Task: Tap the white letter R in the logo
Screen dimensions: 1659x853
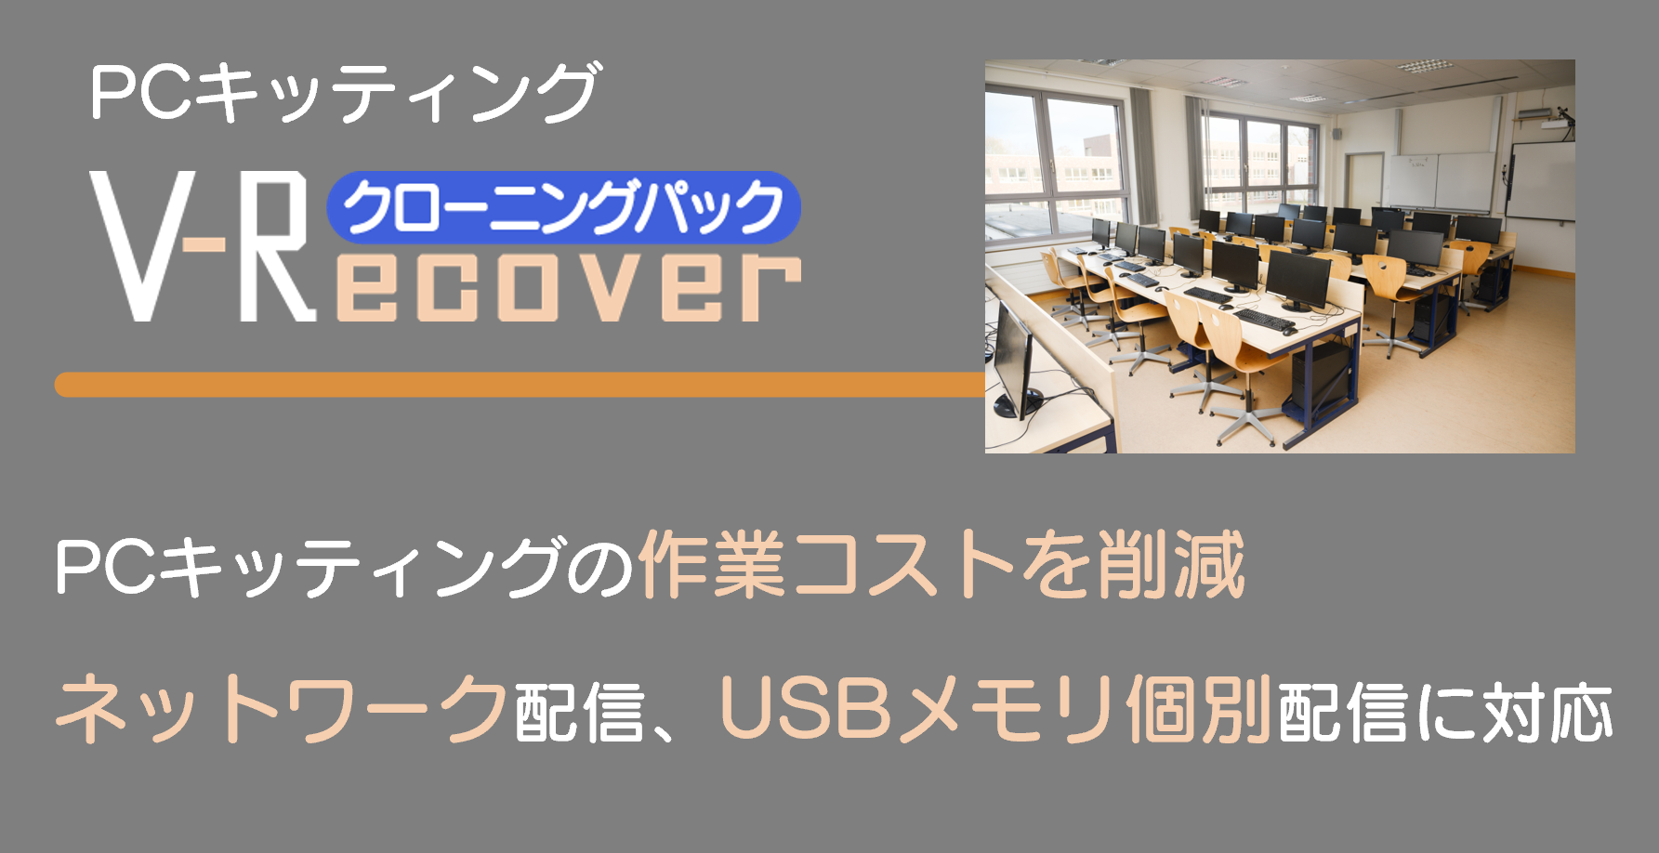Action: (277, 246)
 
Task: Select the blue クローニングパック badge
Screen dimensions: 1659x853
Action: (563, 207)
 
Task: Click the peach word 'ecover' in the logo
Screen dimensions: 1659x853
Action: (567, 282)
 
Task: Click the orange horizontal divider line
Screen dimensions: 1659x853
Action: (520, 385)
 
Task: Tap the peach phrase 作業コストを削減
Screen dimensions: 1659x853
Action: (941, 565)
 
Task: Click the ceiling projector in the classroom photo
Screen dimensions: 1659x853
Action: (1543, 117)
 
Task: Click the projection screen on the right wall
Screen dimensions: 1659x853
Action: (1541, 180)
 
